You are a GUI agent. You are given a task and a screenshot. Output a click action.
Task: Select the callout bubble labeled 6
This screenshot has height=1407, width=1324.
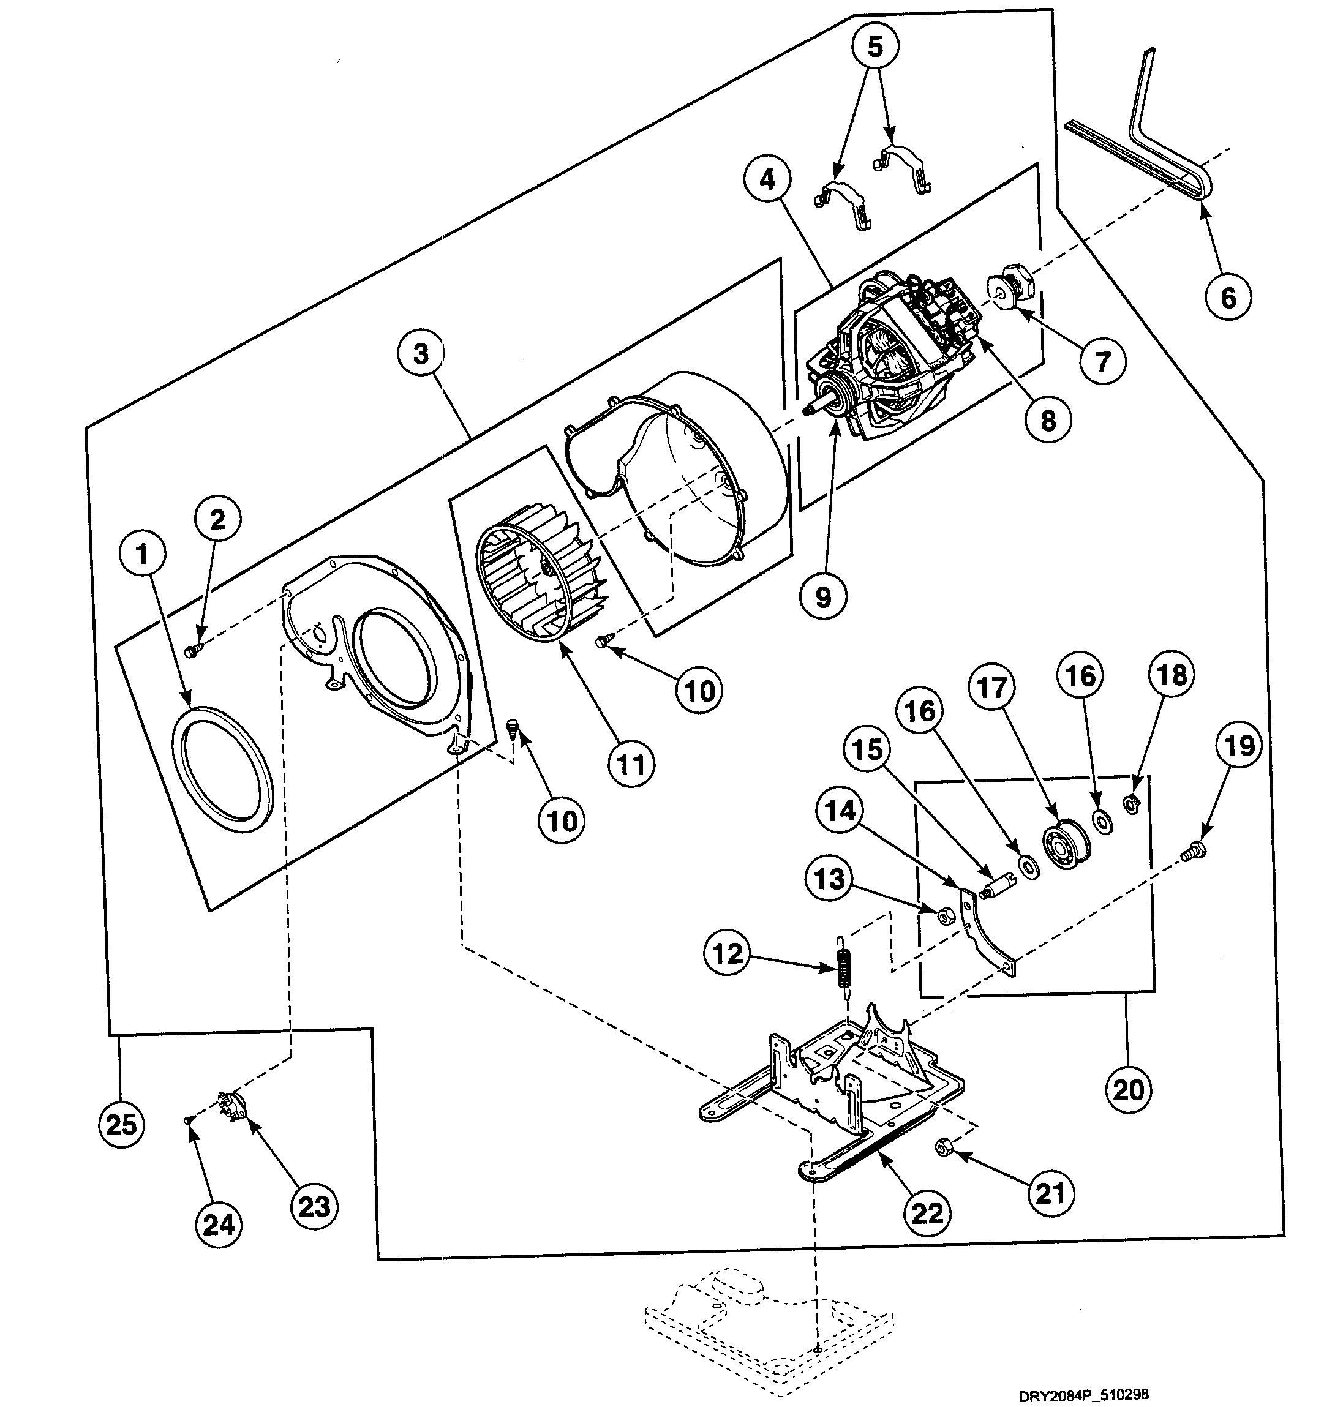pos(1228,297)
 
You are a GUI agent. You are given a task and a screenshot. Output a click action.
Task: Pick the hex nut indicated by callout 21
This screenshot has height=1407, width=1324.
pos(942,1147)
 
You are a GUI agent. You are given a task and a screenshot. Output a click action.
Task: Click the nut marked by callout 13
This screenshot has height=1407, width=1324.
pos(944,917)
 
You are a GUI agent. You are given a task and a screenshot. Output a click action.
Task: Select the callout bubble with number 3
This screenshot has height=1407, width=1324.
pos(421,353)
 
